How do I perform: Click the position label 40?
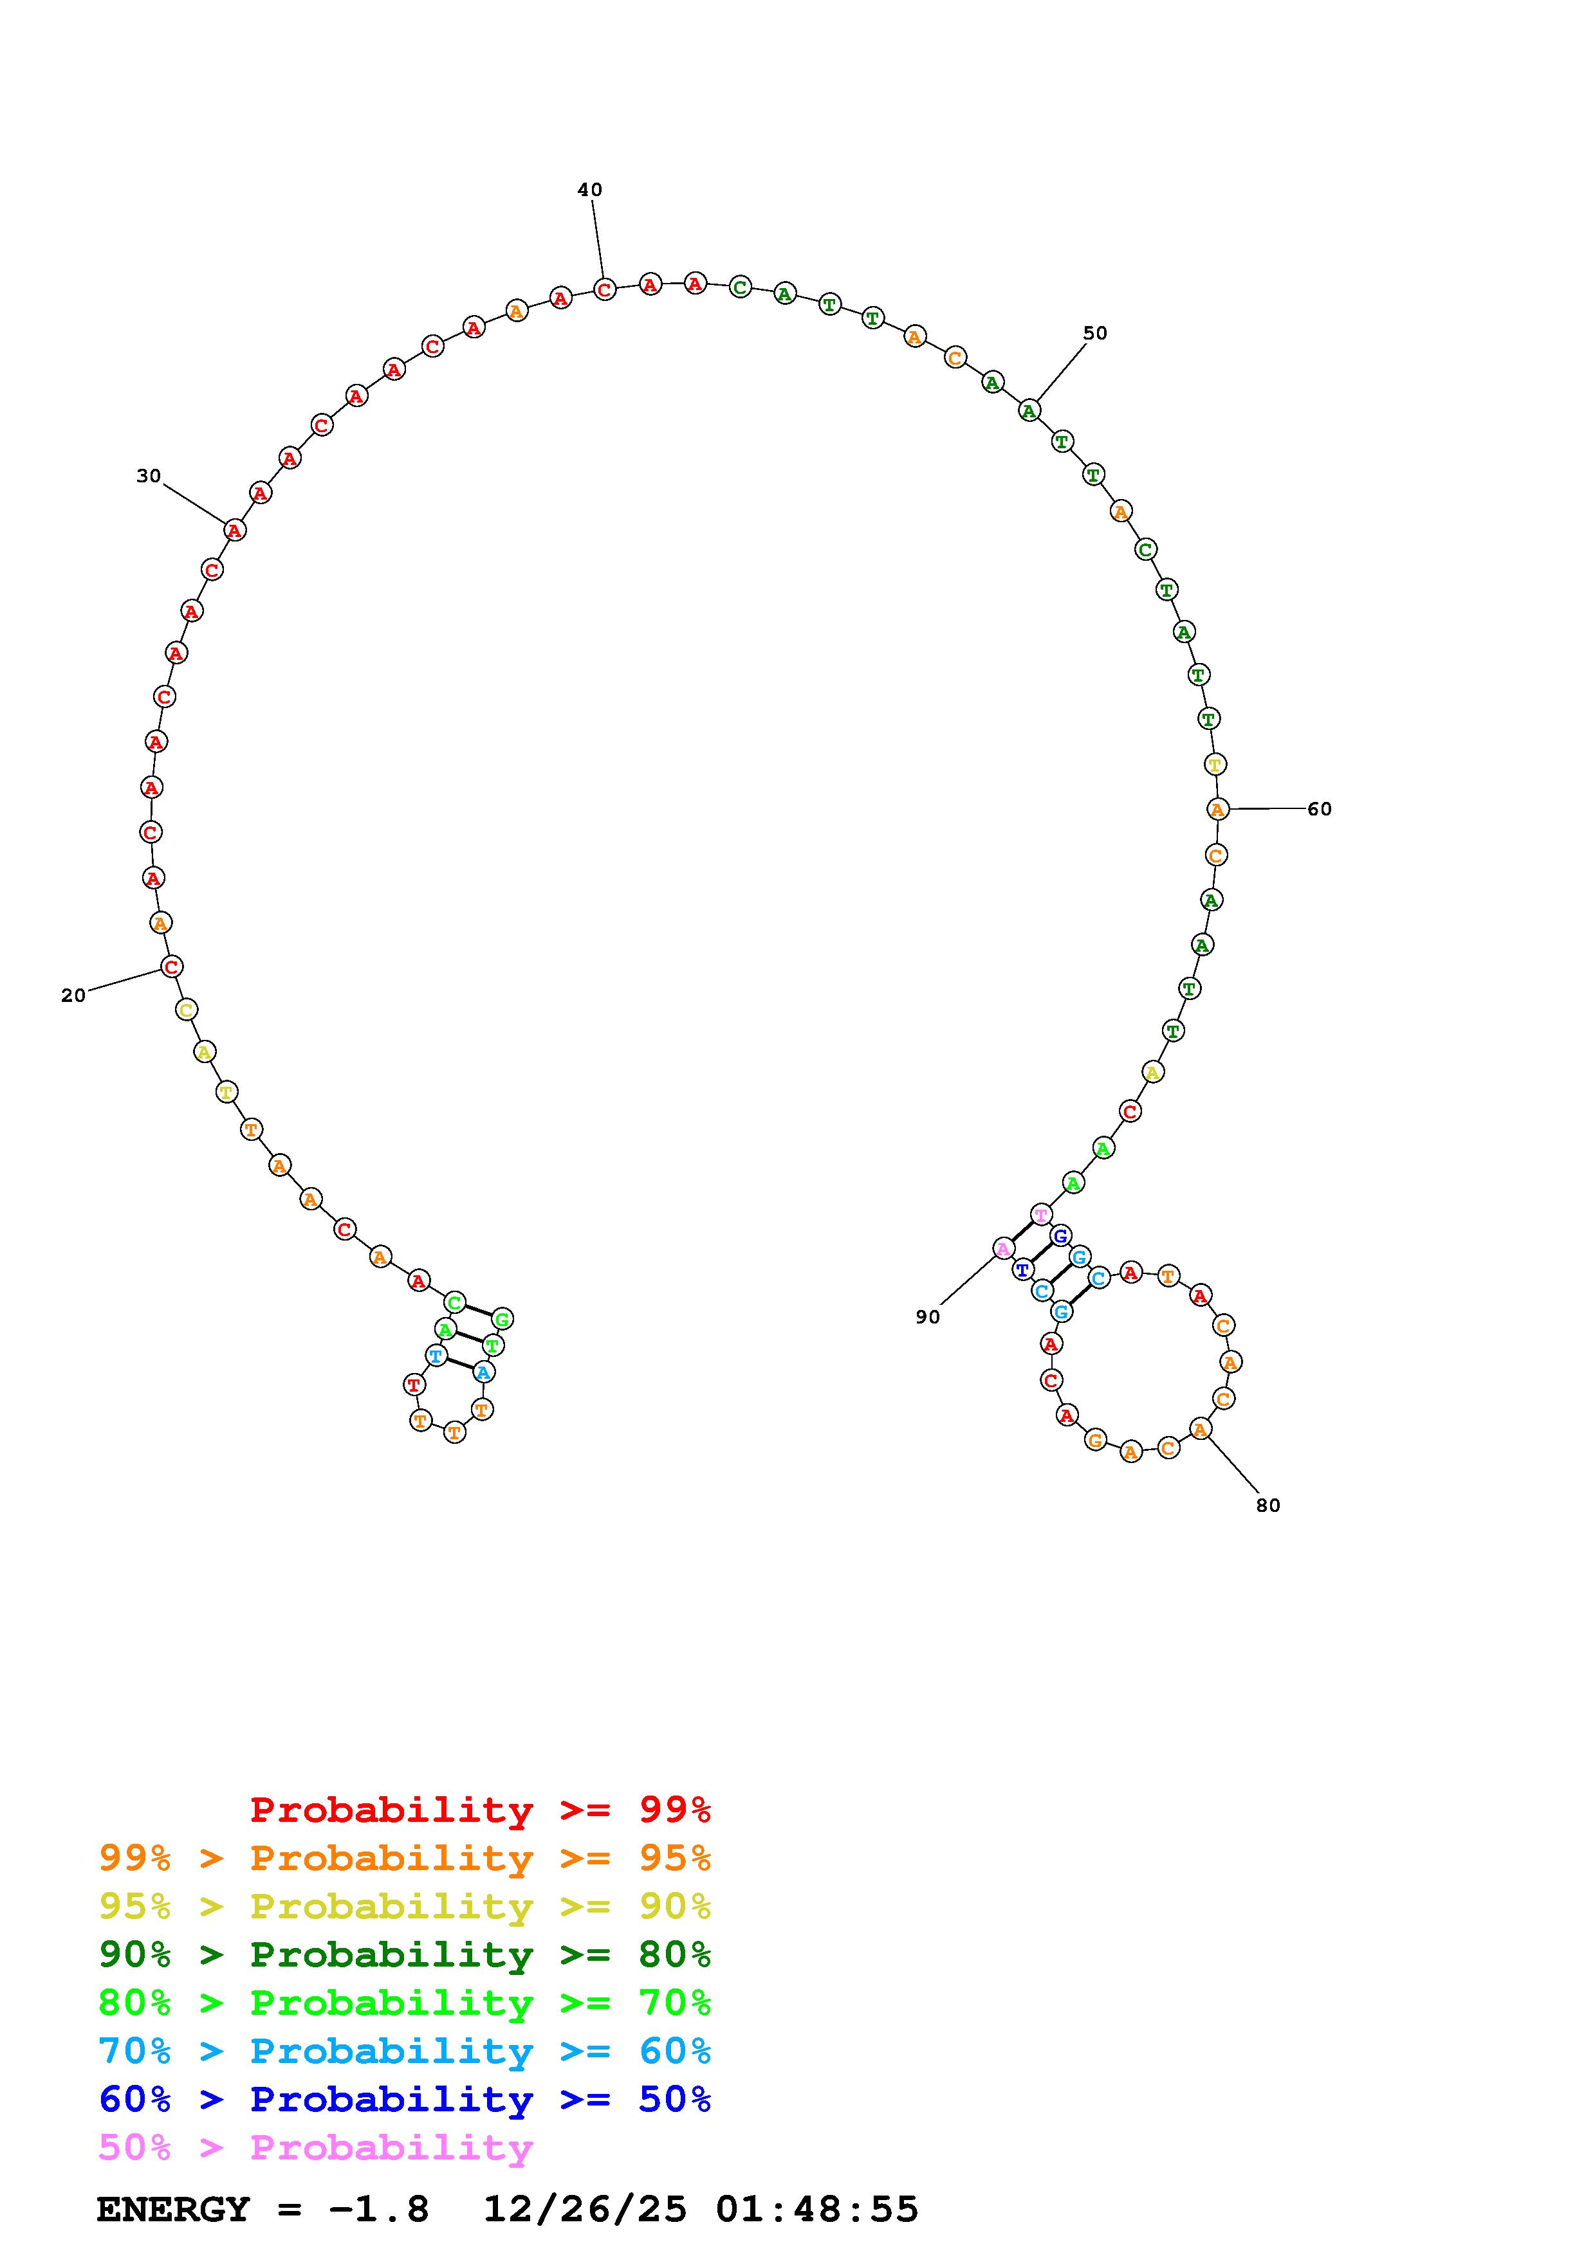pos(589,190)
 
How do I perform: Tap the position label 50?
pos(1095,333)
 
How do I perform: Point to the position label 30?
pos(149,475)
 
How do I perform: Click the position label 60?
pos(1319,808)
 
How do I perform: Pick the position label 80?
pos(1268,1506)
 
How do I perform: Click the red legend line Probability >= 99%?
pos(481,1809)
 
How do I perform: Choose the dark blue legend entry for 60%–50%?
pos(405,2099)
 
